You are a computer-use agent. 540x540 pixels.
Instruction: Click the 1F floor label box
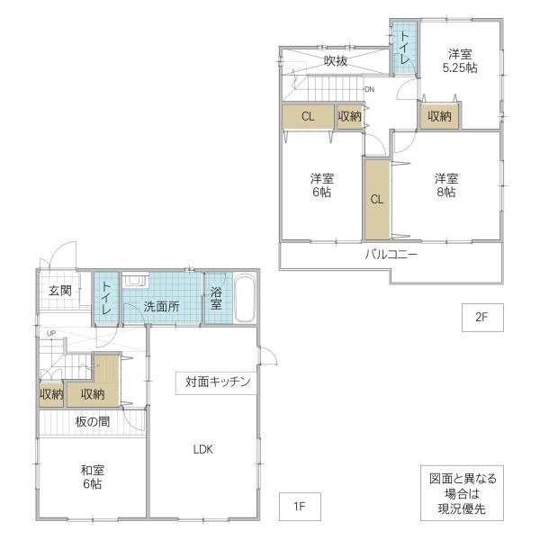point(300,506)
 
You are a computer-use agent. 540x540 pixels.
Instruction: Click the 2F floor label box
point(482,317)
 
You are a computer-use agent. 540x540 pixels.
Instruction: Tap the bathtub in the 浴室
point(244,298)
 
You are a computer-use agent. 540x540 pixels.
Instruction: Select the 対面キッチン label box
point(217,382)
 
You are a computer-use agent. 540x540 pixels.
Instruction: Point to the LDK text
point(202,449)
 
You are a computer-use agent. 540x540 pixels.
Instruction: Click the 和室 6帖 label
point(93,477)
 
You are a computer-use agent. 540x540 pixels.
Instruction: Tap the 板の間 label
point(93,421)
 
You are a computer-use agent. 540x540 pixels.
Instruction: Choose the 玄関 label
point(60,291)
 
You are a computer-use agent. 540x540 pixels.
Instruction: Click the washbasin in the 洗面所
point(135,280)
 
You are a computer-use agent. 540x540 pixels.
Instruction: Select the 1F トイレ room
point(105,298)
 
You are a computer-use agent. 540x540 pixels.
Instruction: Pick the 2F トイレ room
point(405,48)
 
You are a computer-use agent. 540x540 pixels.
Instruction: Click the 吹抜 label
point(336,61)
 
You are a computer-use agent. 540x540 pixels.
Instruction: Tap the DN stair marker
point(369,89)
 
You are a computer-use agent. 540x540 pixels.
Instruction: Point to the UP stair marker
point(51,333)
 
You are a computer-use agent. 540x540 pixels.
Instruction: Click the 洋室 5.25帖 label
point(460,61)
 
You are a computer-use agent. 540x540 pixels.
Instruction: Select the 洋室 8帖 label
point(446,185)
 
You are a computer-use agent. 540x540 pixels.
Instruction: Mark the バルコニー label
point(391,255)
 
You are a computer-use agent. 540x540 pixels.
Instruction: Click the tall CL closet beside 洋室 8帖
point(377,199)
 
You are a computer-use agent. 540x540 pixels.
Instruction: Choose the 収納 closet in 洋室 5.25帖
point(439,116)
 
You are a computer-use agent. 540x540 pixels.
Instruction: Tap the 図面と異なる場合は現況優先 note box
point(462,493)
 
